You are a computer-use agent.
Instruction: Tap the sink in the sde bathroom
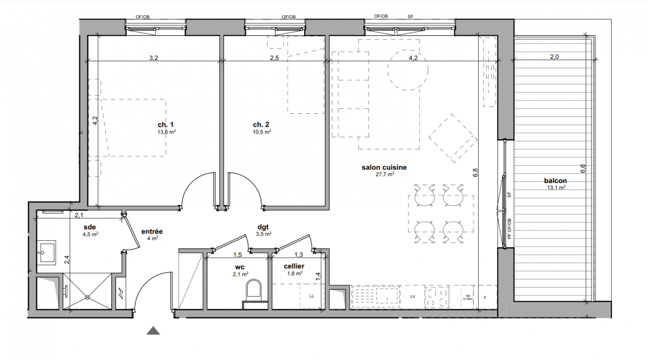46,252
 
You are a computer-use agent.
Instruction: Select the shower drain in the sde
87,297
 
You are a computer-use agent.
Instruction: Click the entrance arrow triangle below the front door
153,331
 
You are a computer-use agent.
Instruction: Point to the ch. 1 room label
166,125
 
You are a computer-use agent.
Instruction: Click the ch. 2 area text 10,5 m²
262,132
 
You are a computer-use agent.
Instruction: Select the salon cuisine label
384,167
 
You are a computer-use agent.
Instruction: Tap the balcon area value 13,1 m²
556,188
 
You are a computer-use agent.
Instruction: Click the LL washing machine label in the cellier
312,296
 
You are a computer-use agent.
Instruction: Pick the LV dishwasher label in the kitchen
413,297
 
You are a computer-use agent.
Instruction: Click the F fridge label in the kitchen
485,298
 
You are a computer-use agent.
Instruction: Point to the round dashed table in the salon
408,70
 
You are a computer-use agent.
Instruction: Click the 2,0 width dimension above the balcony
554,57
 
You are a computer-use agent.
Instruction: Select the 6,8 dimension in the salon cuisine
475,172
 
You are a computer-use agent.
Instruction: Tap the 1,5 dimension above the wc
237,255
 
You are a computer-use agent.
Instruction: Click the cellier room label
294,266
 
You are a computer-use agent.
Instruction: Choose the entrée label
152,232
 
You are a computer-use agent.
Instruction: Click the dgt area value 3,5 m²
264,234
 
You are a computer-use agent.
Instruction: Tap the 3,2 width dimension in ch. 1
153,58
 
